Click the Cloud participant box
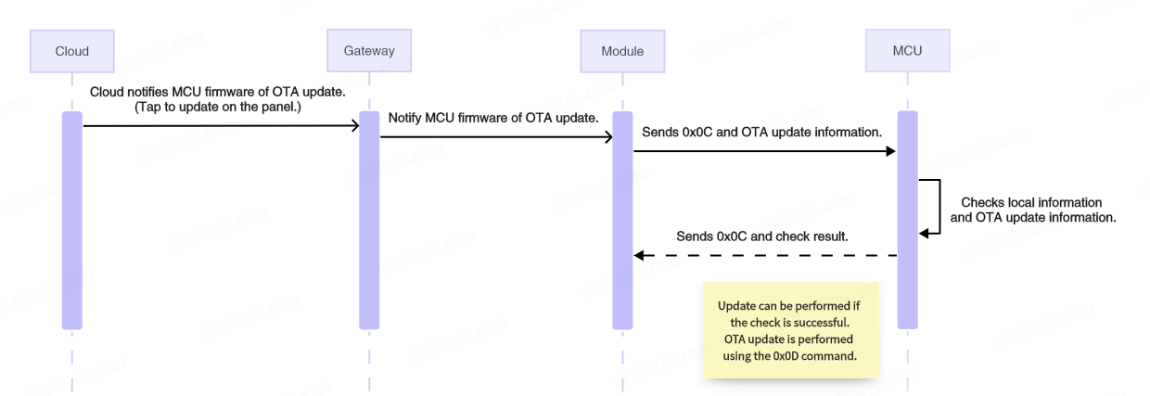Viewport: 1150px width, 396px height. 71,51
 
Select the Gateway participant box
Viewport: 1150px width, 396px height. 369,51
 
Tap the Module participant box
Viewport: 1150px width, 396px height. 621,51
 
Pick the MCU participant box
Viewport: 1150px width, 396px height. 907,51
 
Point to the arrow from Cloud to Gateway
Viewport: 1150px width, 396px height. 221,125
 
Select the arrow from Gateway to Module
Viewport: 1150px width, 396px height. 496,137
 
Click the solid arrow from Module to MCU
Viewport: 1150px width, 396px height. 764,151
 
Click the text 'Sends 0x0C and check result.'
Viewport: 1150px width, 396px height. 762,236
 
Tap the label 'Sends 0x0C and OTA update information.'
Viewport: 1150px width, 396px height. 761,133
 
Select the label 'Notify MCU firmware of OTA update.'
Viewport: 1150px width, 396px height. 492,118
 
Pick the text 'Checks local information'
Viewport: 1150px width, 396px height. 1031,202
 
